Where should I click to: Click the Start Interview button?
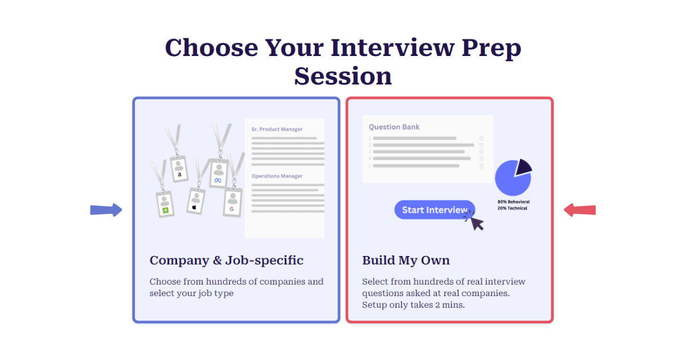point(434,210)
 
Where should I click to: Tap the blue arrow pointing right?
point(106,210)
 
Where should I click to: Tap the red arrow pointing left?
point(580,210)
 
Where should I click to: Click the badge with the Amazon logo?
point(179,169)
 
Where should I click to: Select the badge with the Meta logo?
point(218,173)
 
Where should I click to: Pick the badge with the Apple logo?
point(196,201)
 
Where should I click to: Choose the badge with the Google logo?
point(233,202)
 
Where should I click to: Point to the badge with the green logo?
point(165,204)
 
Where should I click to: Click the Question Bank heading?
point(394,127)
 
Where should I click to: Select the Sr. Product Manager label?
point(277,129)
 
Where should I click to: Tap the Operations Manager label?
point(277,176)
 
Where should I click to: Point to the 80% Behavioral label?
point(513,202)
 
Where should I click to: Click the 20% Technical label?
point(512,208)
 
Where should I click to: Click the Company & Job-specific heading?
point(226,261)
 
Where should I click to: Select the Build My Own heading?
point(406,261)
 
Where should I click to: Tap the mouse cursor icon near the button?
point(476,223)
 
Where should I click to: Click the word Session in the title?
point(343,76)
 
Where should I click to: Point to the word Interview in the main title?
point(393,48)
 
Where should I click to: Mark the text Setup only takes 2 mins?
point(413,305)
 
